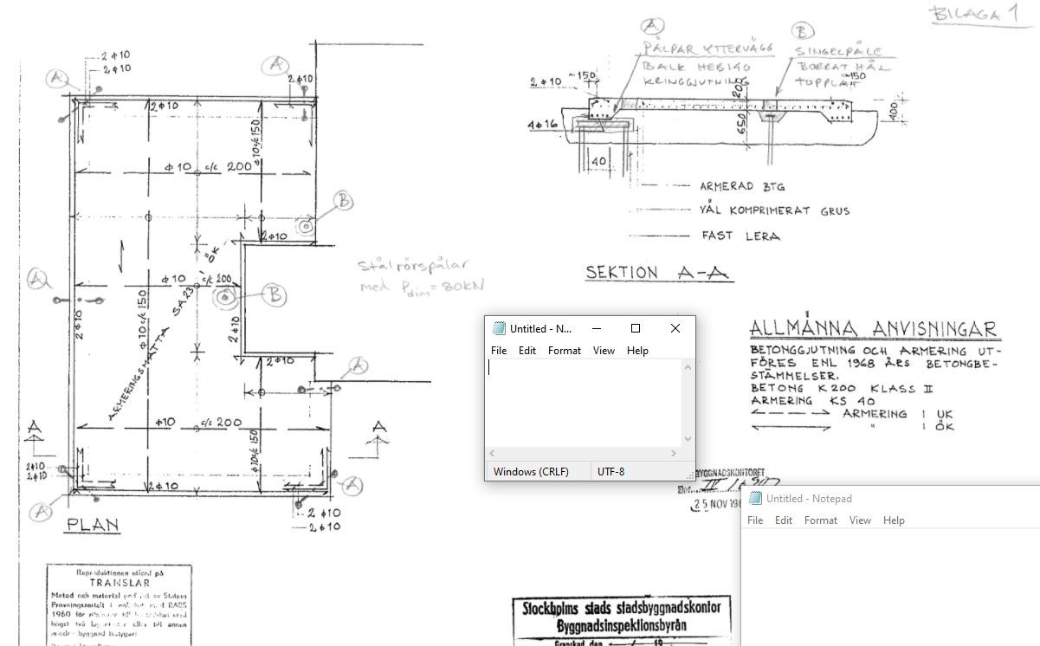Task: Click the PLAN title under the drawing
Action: (x=93, y=526)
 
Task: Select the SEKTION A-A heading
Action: (x=657, y=272)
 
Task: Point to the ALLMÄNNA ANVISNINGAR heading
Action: (x=873, y=329)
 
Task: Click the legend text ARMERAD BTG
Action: (x=742, y=186)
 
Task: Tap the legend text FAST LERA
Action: (x=740, y=236)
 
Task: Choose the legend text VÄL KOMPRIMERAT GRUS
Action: (x=774, y=210)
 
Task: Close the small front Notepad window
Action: (x=675, y=328)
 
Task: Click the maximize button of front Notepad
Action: (x=635, y=328)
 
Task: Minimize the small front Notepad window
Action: (x=595, y=328)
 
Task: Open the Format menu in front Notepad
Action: (x=565, y=351)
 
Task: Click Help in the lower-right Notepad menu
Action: (x=894, y=520)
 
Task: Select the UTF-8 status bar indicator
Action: (x=610, y=472)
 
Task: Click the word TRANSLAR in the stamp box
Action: (x=120, y=583)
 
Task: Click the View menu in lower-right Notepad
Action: (x=860, y=520)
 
